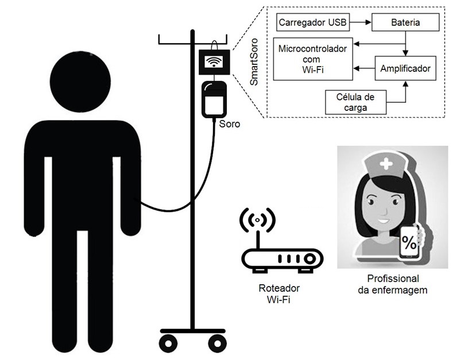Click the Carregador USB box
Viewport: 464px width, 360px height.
coord(312,23)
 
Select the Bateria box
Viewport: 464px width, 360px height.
coord(405,23)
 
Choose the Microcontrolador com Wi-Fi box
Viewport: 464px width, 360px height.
coord(312,59)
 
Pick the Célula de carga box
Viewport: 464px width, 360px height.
coord(354,102)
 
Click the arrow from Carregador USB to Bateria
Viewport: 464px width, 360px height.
coord(360,23)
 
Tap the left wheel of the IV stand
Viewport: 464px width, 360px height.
coord(168,344)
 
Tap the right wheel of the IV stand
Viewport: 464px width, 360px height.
coord(216,344)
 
